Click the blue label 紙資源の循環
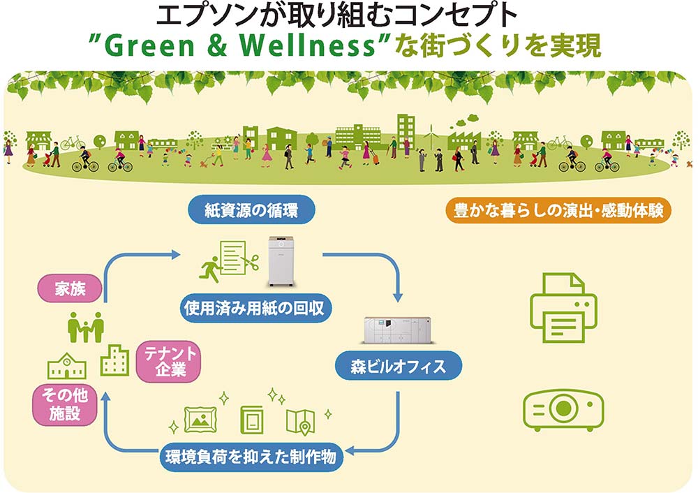click(x=251, y=209)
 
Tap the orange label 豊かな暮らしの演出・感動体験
click(x=558, y=210)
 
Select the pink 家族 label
click(x=70, y=288)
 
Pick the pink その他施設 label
click(x=65, y=404)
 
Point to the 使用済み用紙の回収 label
click(x=254, y=308)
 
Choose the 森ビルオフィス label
click(x=399, y=366)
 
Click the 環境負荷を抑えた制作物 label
click(x=251, y=457)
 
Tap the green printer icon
click(x=563, y=308)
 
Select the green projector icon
click(x=563, y=410)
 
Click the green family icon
click(x=86, y=327)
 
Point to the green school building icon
click(x=67, y=366)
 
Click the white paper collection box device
click(x=281, y=261)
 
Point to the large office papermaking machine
click(x=398, y=330)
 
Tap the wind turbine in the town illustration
click(x=429, y=134)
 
